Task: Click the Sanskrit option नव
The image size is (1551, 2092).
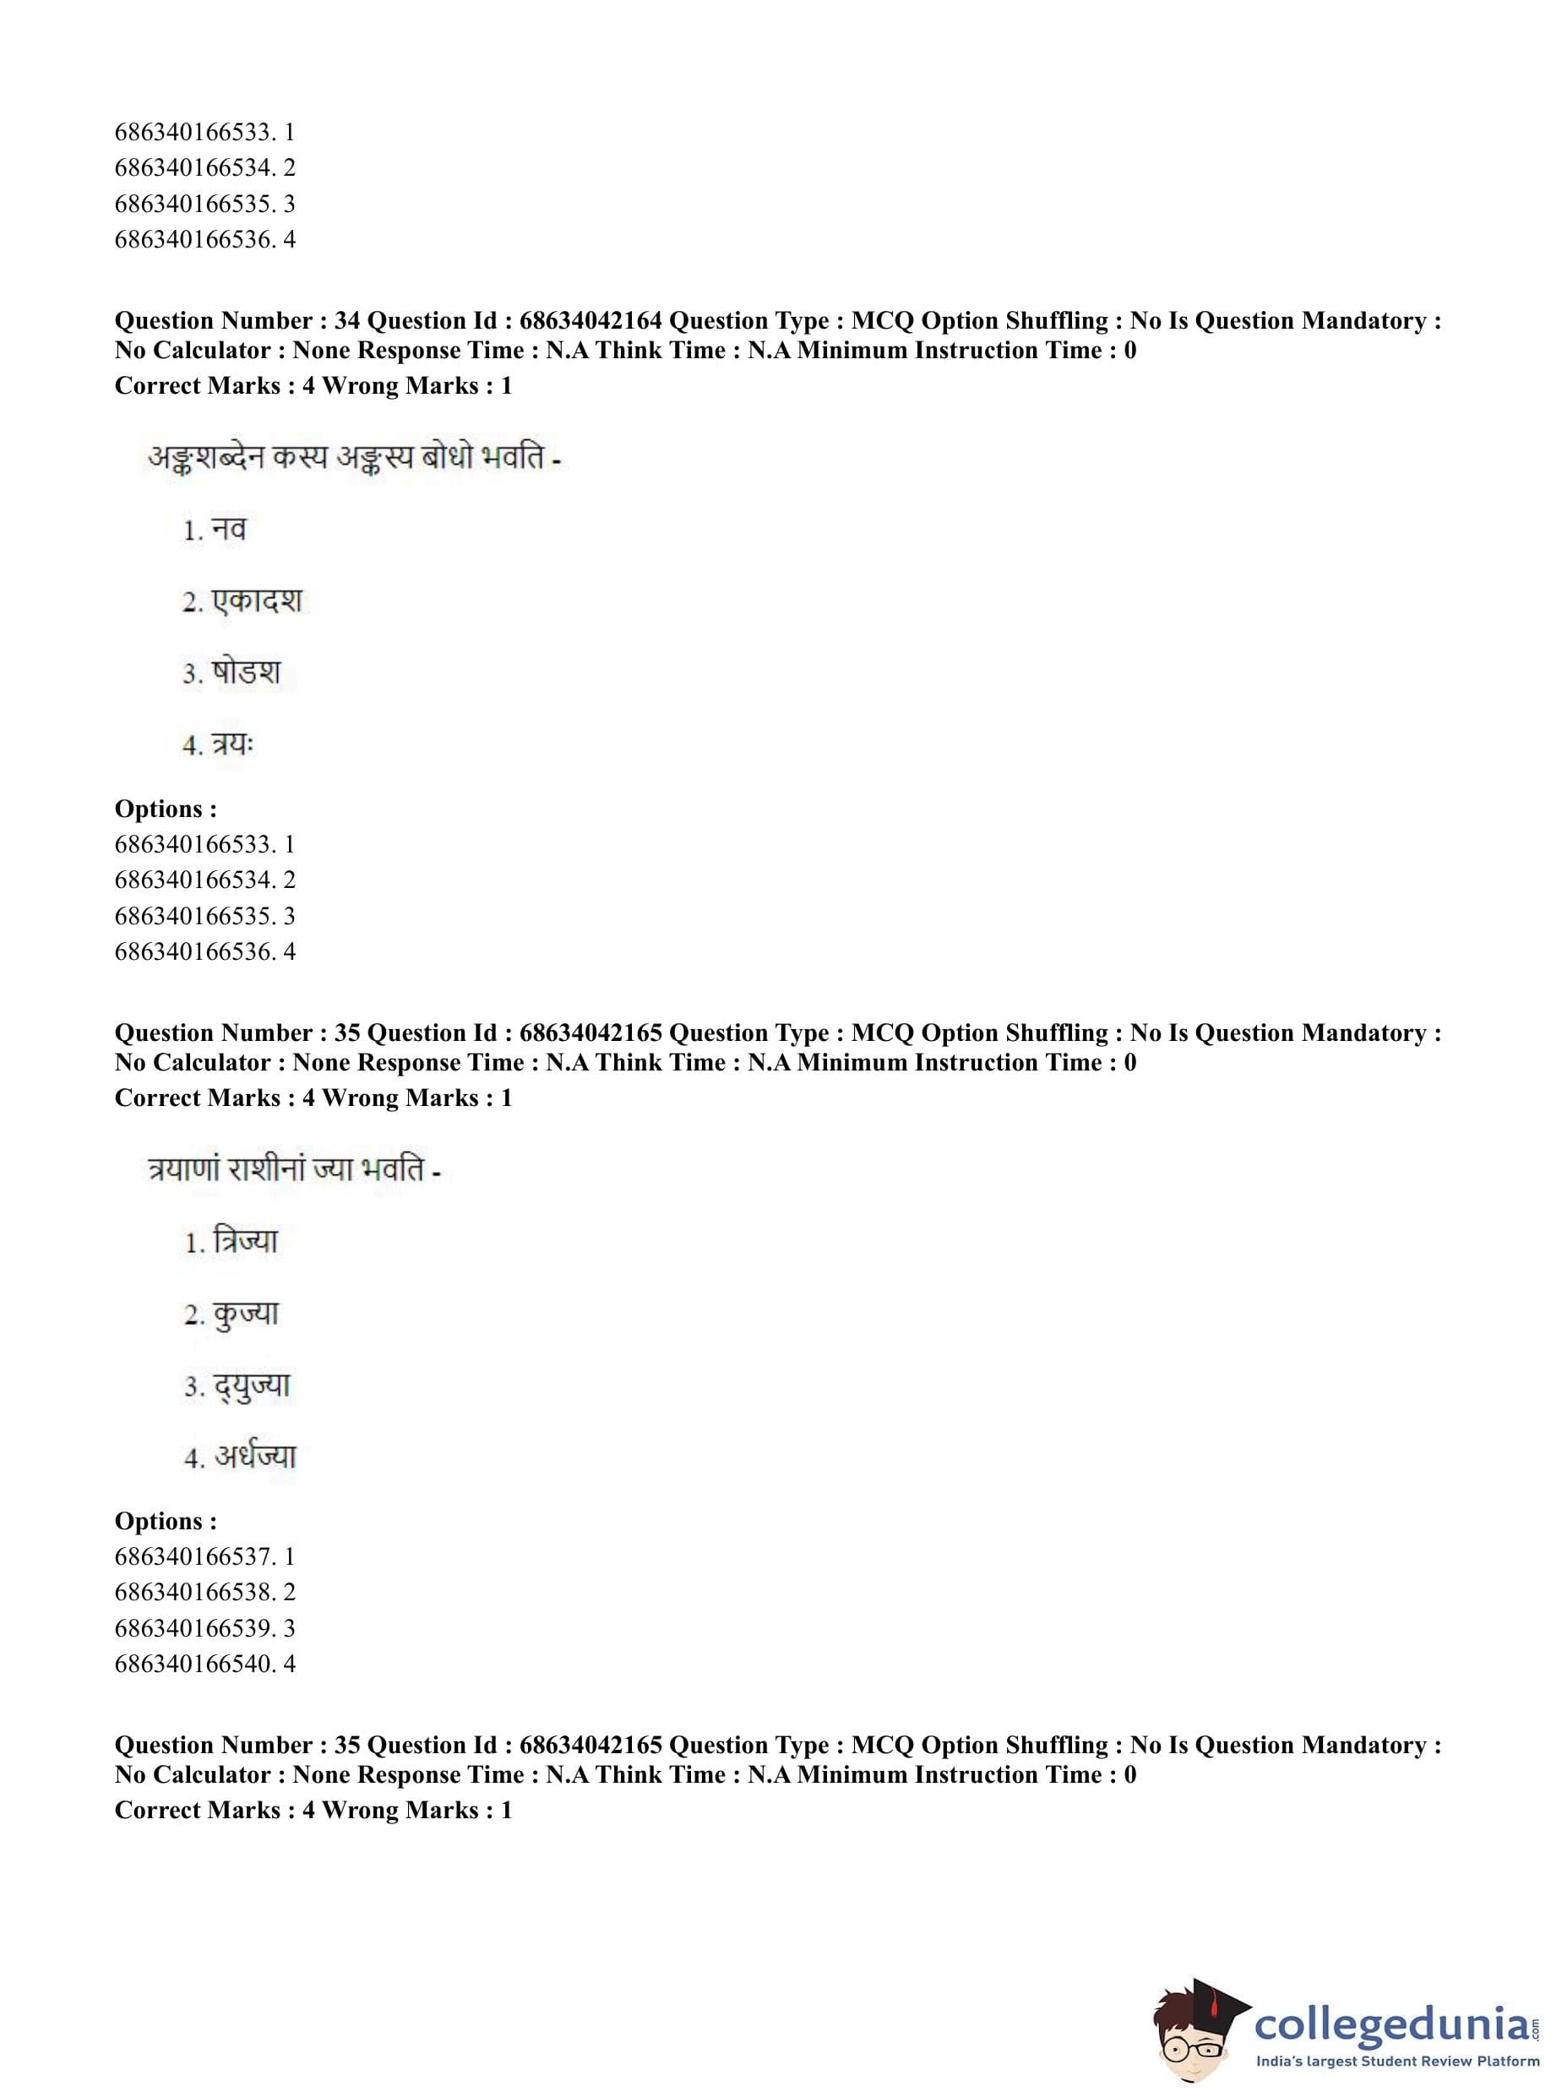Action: coord(228,531)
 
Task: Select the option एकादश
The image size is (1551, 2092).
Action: coord(256,602)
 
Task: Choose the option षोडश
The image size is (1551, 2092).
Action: coord(245,673)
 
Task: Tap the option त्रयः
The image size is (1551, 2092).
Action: coord(232,744)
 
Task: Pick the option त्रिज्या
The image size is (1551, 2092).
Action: coord(245,1242)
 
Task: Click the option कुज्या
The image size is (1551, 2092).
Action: coord(246,1315)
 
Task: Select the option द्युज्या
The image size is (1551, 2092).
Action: coord(252,1386)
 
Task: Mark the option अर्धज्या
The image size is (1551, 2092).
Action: coord(254,1457)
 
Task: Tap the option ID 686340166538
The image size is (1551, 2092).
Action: coord(194,1593)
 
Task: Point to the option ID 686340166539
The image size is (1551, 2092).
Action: coord(194,1628)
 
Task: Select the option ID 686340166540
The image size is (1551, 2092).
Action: coord(194,1664)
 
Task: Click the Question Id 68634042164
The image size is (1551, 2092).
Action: coord(590,321)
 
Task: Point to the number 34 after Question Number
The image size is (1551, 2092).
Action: coord(346,321)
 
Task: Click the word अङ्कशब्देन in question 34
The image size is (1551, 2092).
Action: coord(205,459)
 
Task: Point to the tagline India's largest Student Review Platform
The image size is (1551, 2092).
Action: coord(1397,2062)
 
